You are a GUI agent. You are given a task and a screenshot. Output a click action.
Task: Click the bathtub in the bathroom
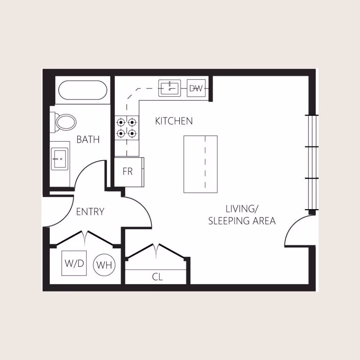click(x=83, y=90)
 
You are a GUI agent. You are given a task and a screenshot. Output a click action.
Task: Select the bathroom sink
click(x=59, y=158)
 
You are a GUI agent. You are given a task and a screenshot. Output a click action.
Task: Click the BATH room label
click(x=88, y=140)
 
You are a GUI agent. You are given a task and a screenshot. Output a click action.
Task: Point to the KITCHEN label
click(x=174, y=121)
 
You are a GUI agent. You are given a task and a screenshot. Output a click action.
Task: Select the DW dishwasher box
click(x=196, y=88)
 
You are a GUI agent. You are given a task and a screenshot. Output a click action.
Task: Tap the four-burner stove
click(x=127, y=128)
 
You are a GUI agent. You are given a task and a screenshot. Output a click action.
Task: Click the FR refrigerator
click(x=128, y=172)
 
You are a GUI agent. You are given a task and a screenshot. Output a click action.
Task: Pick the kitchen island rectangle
click(x=200, y=164)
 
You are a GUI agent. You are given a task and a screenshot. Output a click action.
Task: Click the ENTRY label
click(x=90, y=212)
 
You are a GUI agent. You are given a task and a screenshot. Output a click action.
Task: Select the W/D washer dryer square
click(x=74, y=263)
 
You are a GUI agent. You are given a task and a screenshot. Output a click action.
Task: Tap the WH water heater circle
click(x=104, y=266)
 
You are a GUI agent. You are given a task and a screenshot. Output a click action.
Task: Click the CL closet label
click(x=157, y=277)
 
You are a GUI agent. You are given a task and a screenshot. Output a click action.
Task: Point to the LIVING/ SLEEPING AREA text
click(x=242, y=215)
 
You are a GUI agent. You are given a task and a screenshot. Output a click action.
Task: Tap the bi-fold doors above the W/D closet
click(x=85, y=238)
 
